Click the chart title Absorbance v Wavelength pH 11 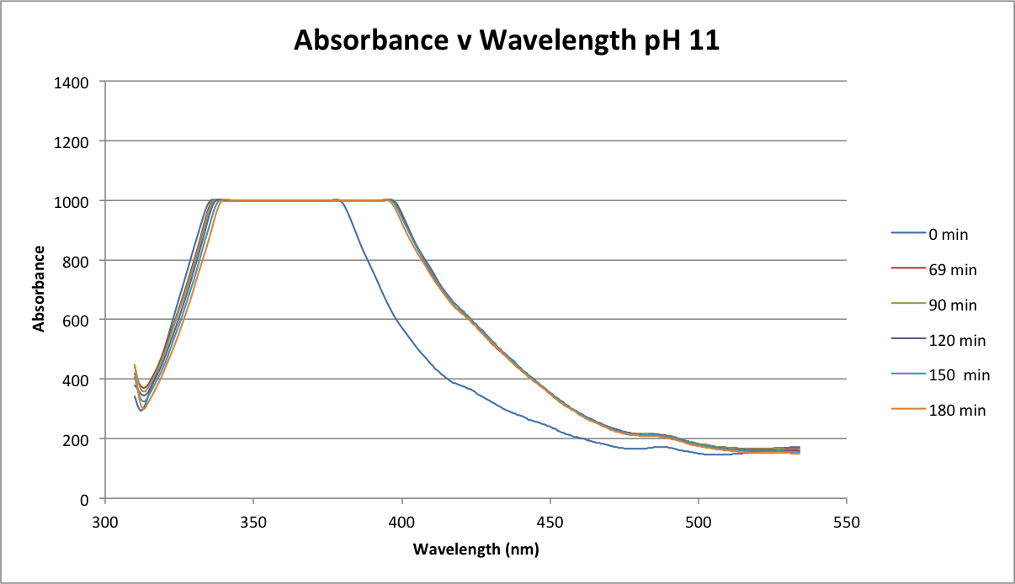[506, 40]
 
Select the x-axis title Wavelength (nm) [476, 549]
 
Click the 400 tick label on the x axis [401, 521]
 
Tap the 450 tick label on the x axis [550, 521]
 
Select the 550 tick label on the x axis [846, 521]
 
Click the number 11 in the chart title [704, 40]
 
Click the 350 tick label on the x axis [253, 521]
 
